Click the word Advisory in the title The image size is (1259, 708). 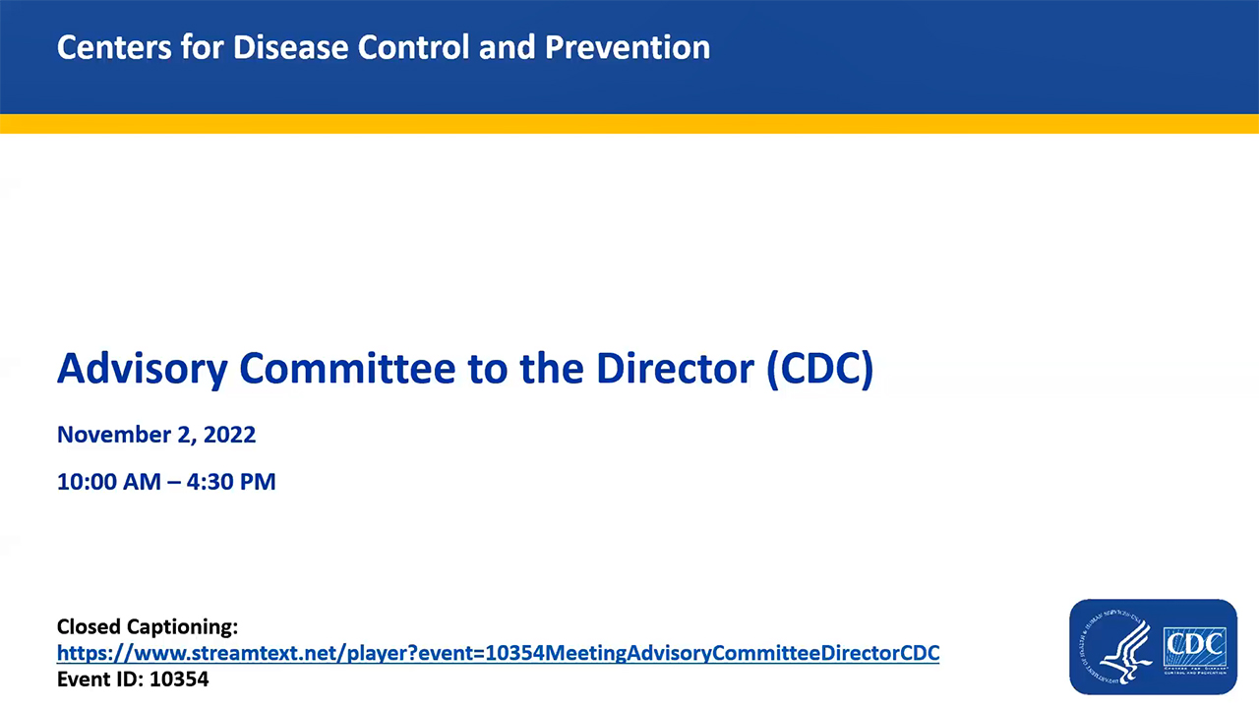click(142, 369)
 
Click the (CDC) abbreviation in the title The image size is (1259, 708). click(819, 369)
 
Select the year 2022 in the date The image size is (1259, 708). click(230, 435)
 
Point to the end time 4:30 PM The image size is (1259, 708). click(236, 482)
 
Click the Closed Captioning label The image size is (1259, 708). click(148, 626)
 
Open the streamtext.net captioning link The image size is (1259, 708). click(498, 653)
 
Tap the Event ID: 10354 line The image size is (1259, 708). click(133, 678)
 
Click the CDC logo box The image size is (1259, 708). click(1194, 646)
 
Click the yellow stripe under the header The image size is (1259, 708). click(629, 124)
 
